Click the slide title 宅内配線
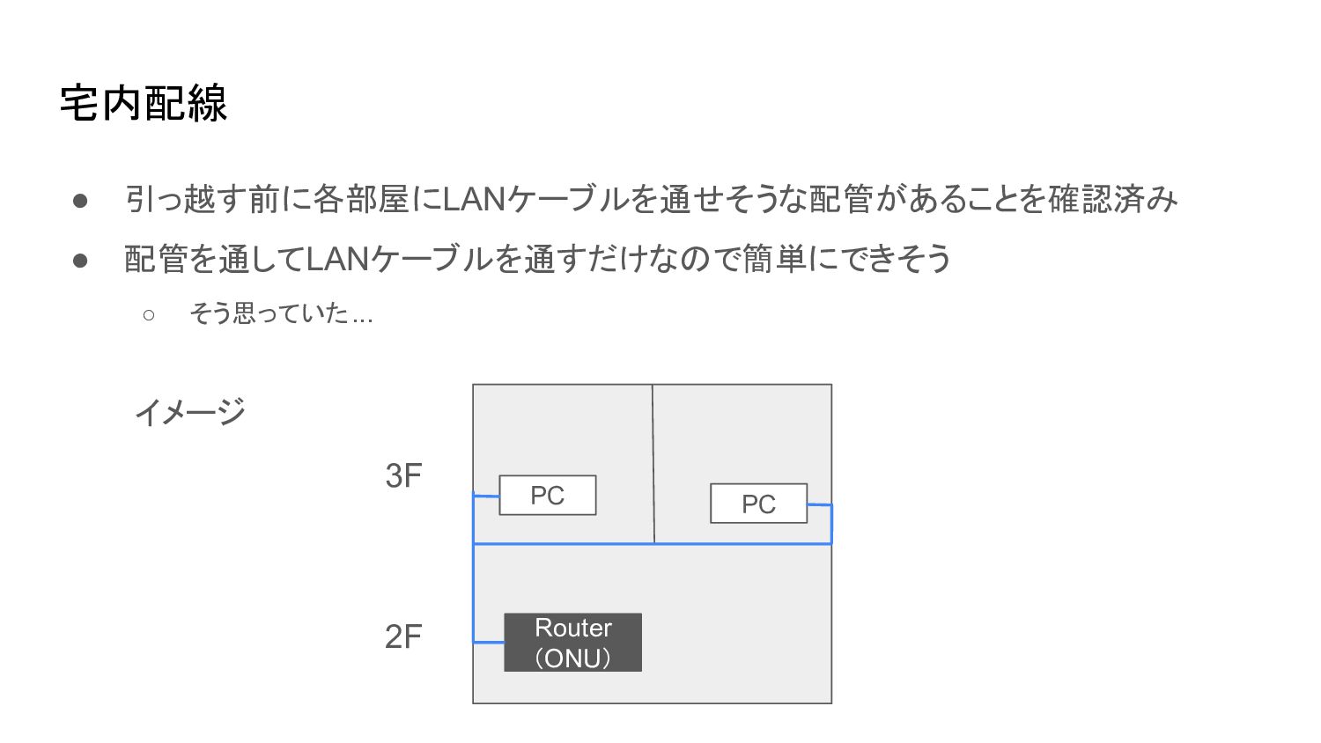(x=144, y=103)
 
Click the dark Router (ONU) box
(x=572, y=642)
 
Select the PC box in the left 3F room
(x=547, y=495)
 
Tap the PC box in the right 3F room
(x=758, y=504)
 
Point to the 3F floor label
(x=403, y=476)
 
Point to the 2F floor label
(x=403, y=636)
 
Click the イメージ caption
(x=189, y=411)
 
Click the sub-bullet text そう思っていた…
(x=281, y=313)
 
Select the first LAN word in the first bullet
(x=473, y=200)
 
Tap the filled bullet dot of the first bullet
(x=80, y=201)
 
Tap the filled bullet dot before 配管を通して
(x=80, y=261)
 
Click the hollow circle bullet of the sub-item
(x=148, y=314)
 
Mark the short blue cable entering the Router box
(x=489, y=642)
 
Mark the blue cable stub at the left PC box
(x=486, y=497)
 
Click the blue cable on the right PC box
(x=820, y=504)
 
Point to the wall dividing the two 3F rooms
(x=653, y=464)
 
